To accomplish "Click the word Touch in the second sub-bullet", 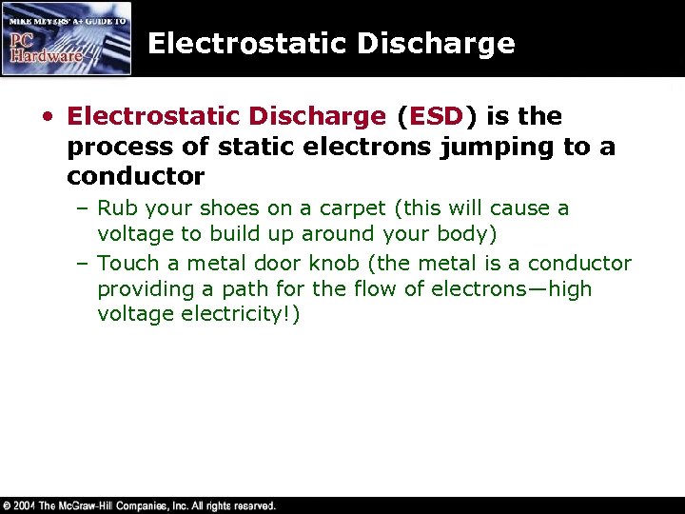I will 127,264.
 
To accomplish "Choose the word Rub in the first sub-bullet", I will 116,208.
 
